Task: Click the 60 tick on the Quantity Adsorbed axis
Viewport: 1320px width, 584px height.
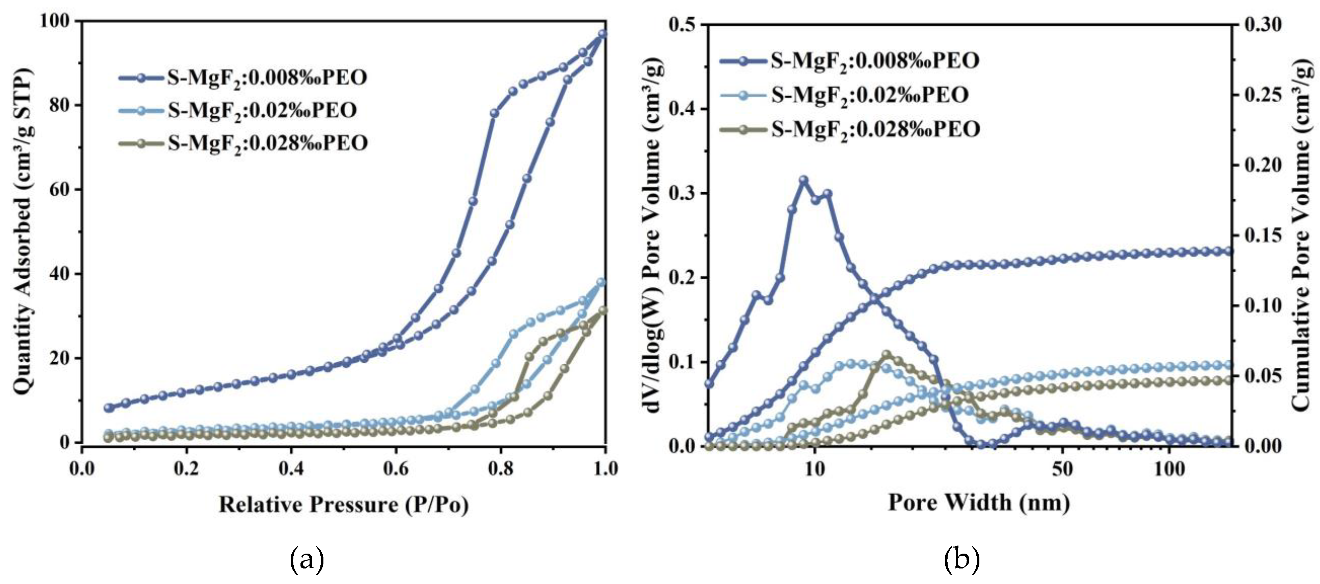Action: coord(60,190)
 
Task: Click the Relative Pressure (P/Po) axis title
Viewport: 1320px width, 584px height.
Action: coord(343,505)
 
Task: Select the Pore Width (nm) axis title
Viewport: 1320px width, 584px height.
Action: coord(979,502)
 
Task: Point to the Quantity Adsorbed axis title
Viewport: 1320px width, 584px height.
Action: coord(23,230)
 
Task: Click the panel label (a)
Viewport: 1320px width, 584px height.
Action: coord(307,559)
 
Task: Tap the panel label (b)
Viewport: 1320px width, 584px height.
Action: coord(961,559)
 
